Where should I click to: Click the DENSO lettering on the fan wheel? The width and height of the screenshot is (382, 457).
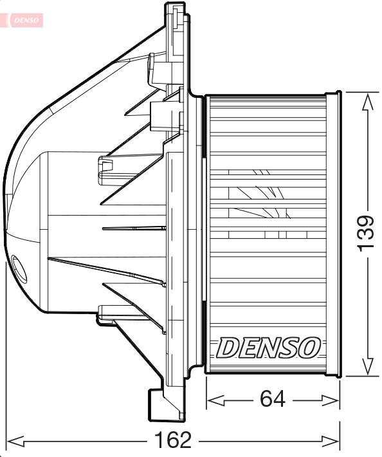[x=268, y=348]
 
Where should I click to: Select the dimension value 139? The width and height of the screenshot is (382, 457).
[x=366, y=232]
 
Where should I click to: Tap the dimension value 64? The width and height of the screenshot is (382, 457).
[x=273, y=400]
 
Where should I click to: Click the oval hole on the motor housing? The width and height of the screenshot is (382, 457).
[x=19, y=269]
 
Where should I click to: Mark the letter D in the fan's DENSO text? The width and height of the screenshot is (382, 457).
[x=227, y=348]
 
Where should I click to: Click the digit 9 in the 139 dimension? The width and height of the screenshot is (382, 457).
[x=366, y=221]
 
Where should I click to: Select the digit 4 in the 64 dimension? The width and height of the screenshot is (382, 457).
[x=281, y=400]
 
